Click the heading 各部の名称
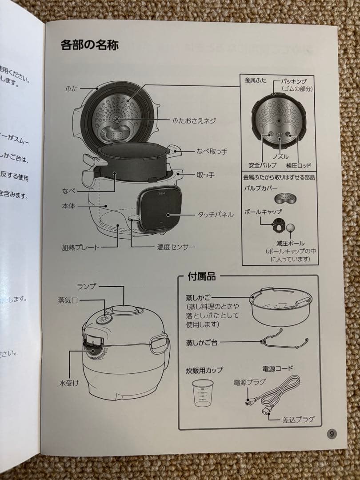(x=89, y=45)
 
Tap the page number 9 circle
(x=332, y=434)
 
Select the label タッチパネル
(x=215, y=215)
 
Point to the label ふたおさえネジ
(x=194, y=120)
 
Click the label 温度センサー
(x=176, y=247)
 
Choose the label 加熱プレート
(x=80, y=247)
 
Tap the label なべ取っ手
(x=212, y=152)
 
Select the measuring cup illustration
(x=201, y=393)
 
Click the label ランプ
(x=86, y=286)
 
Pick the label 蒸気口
(x=68, y=300)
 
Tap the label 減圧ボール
(x=290, y=243)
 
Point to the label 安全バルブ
(x=262, y=165)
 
